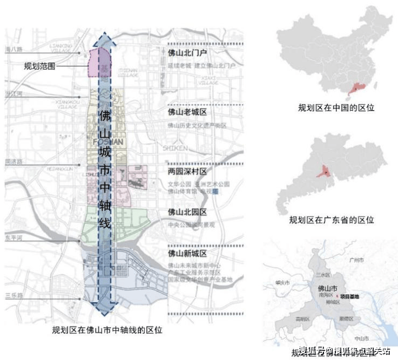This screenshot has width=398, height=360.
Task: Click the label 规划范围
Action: tap(39, 67)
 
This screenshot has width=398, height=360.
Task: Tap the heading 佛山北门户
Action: tap(187, 53)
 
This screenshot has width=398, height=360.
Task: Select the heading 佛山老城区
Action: tap(187, 112)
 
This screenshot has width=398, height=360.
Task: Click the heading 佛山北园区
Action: tap(187, 212)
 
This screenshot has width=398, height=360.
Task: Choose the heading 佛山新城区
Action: tap(187, 253)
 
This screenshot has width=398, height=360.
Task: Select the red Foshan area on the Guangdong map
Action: tap(326, 172)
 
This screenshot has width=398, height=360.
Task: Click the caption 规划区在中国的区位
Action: tap(336, 108)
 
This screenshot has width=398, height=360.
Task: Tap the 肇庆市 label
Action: tap(282, 282)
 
